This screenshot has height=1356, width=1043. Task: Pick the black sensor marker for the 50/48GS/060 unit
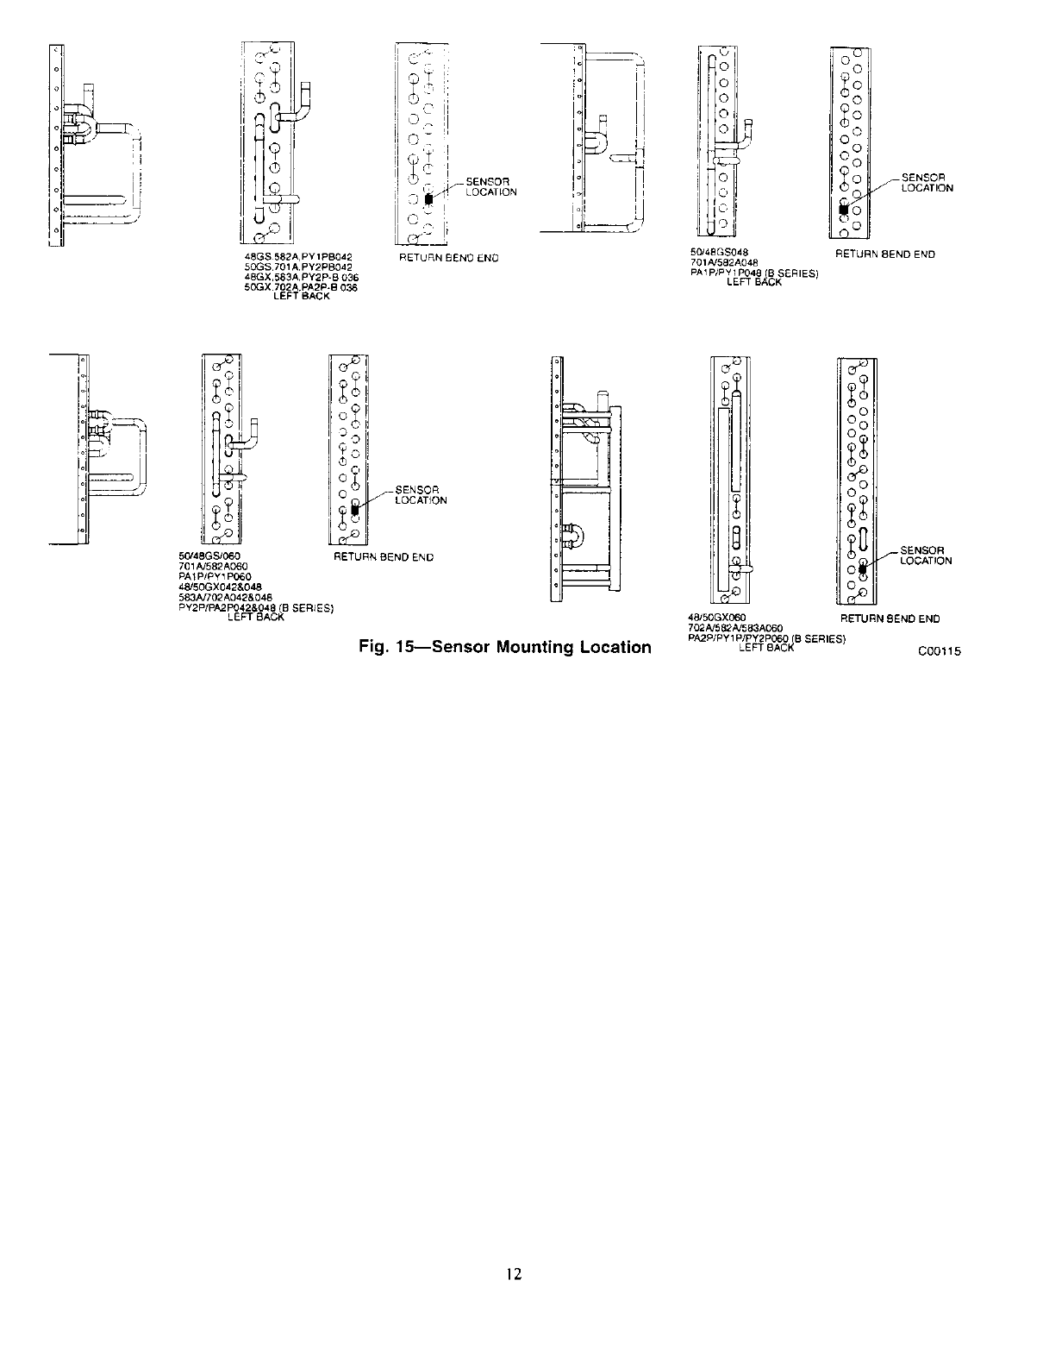[353, 510]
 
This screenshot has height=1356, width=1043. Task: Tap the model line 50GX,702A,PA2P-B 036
[302, 289]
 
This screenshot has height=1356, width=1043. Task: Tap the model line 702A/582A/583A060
[734, 629]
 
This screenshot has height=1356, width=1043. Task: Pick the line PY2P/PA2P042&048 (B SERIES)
[253, 607]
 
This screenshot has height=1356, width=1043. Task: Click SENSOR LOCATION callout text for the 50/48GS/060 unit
[421, 495]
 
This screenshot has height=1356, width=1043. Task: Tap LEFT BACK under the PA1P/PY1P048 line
[754, 282]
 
